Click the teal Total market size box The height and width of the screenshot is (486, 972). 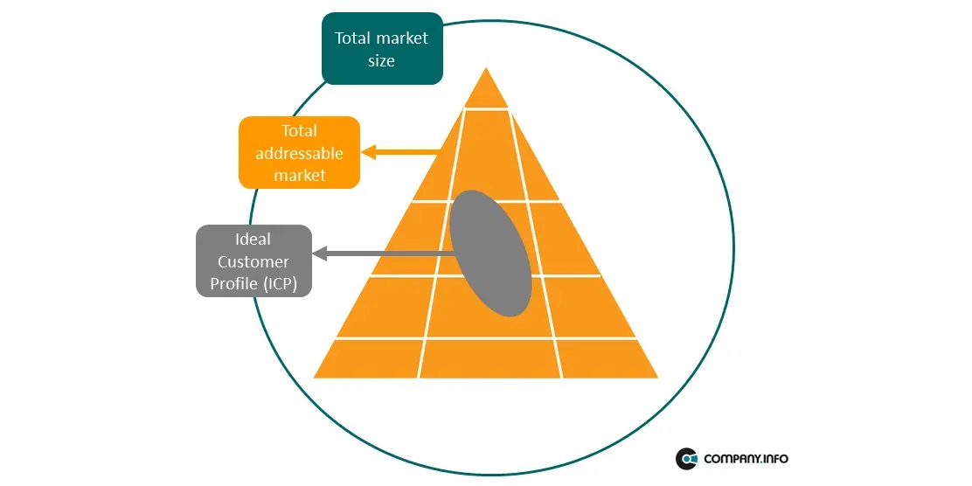point(382,49)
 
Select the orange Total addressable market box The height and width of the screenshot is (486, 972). point(299,153)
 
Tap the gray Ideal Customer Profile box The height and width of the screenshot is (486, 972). point(253,260)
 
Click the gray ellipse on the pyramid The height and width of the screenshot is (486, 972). point(490,253)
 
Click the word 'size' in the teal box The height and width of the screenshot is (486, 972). point(381,61)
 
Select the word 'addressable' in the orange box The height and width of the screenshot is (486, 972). point(300,154)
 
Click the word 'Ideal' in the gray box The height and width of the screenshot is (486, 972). point(253,239)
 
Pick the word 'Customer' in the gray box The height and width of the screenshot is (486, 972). point(253,261)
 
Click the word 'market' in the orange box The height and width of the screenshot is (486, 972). point(300,176)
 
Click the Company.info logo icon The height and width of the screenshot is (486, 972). point(686,458)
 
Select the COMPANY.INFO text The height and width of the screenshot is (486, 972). point(746,458)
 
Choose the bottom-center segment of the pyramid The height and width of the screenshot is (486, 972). point(489,358)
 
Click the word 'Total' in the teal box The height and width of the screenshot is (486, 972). point(353,38)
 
